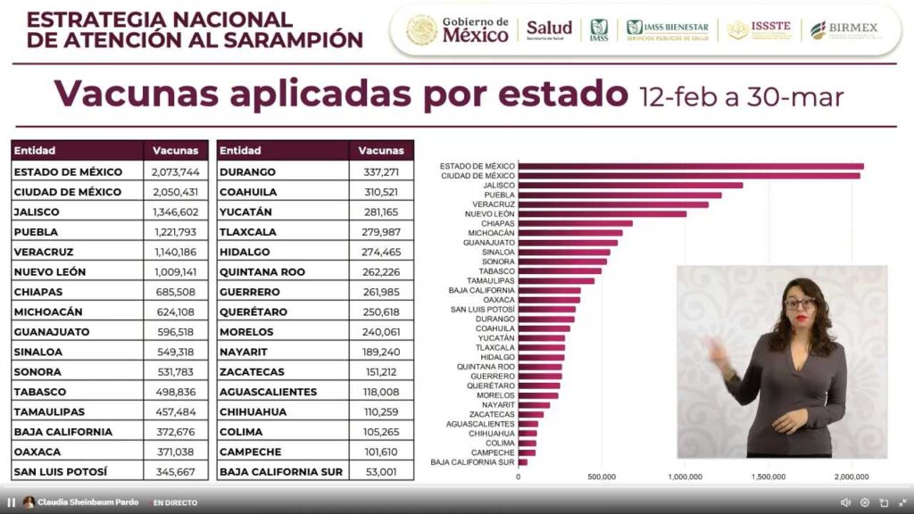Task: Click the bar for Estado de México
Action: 691,166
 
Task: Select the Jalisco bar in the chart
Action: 630,186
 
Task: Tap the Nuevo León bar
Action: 602,214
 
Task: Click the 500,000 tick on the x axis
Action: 602,477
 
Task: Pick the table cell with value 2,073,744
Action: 175,171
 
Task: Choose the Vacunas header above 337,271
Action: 381,151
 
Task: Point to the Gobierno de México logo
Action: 458,29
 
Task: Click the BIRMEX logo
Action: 843,29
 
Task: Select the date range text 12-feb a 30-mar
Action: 741,96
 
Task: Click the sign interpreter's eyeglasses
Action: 800,303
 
